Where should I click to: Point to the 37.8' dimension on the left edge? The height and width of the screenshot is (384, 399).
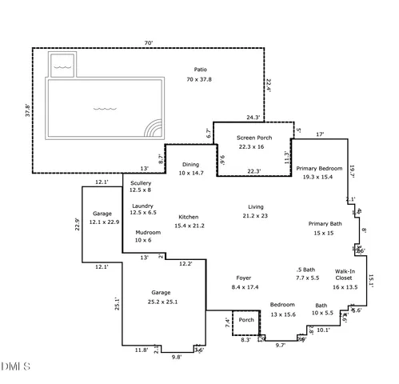point(27,110)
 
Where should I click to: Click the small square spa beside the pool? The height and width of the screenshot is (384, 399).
point(62,66)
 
